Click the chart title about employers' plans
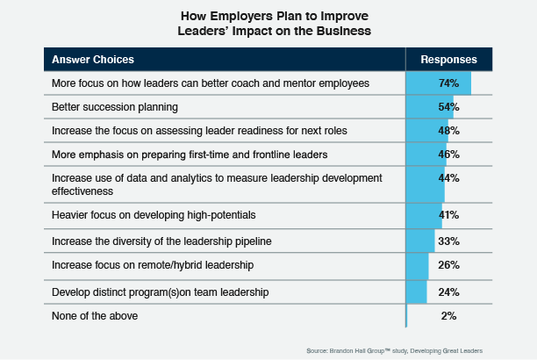[x=268, y=23]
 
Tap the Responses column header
[x=448, y=60]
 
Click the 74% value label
[x=448, y=83]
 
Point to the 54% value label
[x=448, y=107]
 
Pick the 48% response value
[x=448, y=131]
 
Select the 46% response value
[x=448, y=155]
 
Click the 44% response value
[x=448, y=178]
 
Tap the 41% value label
[x=448, y=214]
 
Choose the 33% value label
[x=448, y=240]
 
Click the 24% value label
[x=448, y=291]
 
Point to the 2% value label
[x=448, y=315]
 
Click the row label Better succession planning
[x=115, y=107]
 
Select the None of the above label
[x=95, y=315]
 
